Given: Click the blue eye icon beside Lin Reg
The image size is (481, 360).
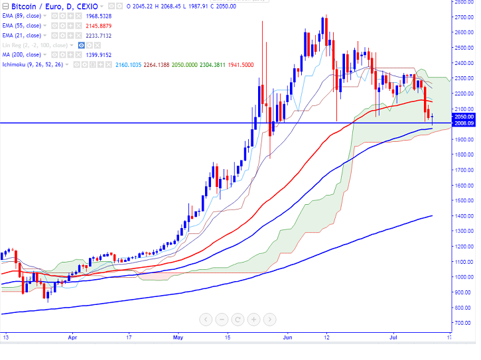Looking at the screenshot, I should (82, 45).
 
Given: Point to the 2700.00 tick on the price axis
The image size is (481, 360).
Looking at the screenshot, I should (462, 17).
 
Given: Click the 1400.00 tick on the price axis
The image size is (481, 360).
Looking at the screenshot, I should (462, 216).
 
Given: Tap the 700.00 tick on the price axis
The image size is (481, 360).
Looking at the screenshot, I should (462, 323).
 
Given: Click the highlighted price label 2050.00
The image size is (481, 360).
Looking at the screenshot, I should (462, 117).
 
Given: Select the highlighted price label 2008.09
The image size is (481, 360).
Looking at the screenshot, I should (462, 123).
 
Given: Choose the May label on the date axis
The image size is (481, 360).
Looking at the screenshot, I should (178, 337).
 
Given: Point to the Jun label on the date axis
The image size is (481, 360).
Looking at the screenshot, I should (288, 337).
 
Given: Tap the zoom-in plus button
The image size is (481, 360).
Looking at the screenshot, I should (253, 319).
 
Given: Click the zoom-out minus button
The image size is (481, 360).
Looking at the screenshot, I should (221, 319).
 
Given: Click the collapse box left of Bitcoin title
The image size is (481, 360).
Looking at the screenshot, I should (5, 7).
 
